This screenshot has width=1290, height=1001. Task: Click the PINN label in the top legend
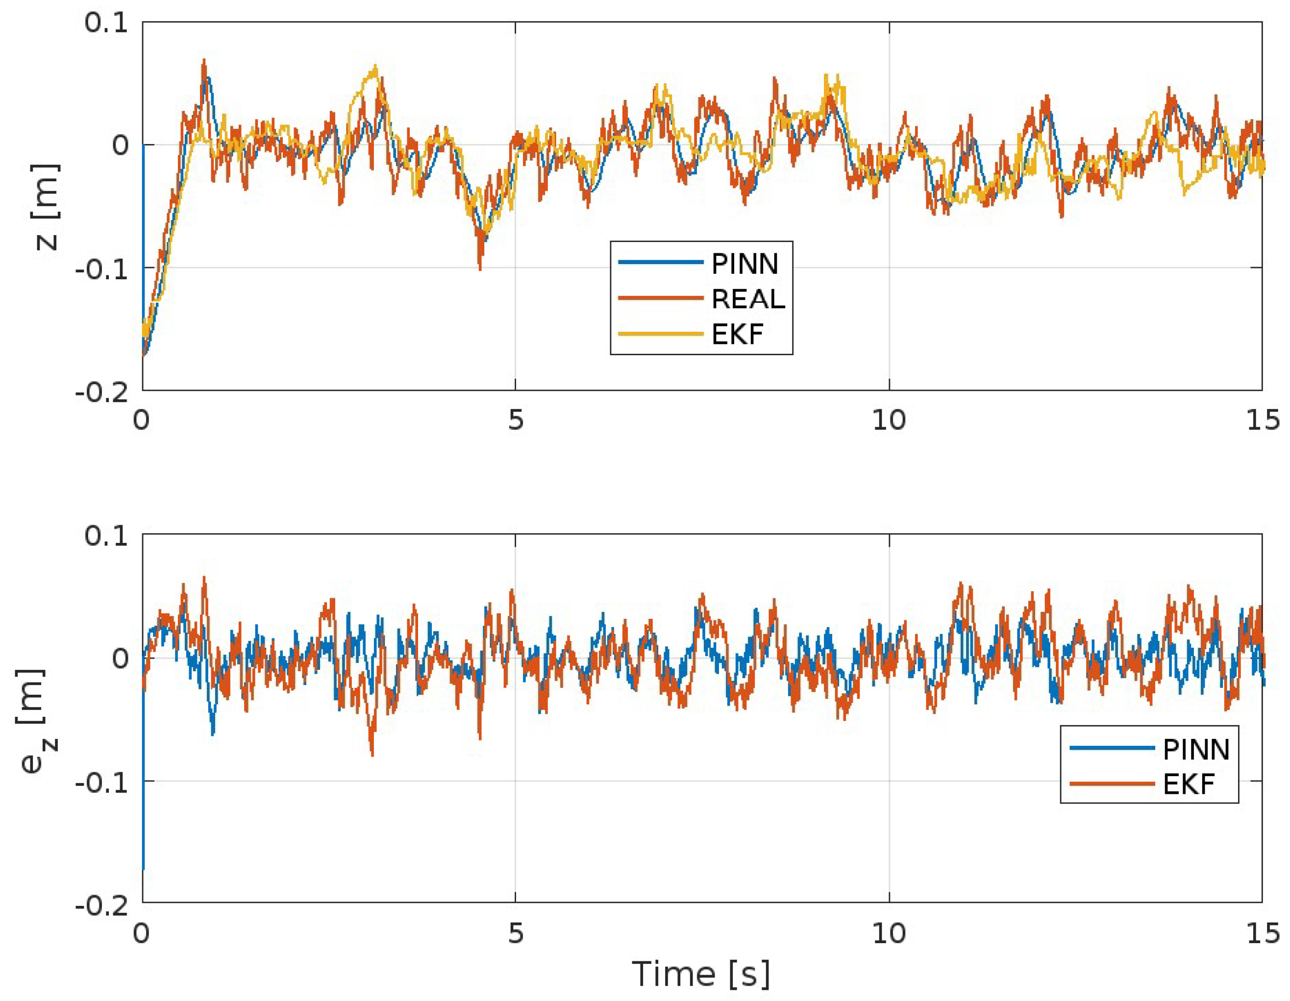click(745, 264)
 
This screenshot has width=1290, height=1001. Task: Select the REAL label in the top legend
click(748, 299)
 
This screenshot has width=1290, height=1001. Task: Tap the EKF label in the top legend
click(738, 334)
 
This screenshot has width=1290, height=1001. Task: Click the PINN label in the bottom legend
click(1196, 750)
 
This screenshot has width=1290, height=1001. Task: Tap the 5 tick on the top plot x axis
click(516, 420)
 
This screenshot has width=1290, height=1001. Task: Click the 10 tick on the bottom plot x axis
click(889, 933)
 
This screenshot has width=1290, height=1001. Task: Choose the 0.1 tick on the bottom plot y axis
click(106, 536)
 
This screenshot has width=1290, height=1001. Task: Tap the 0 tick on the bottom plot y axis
click(121, 658)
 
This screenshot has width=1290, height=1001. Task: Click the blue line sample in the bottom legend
click(1112, 748)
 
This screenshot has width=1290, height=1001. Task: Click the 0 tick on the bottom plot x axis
click(141, 933)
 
